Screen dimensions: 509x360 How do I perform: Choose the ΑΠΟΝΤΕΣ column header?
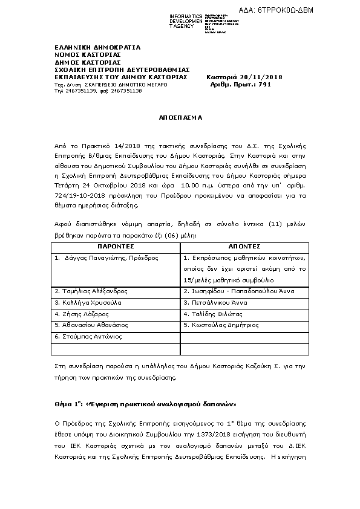click(x=244, y=247)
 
